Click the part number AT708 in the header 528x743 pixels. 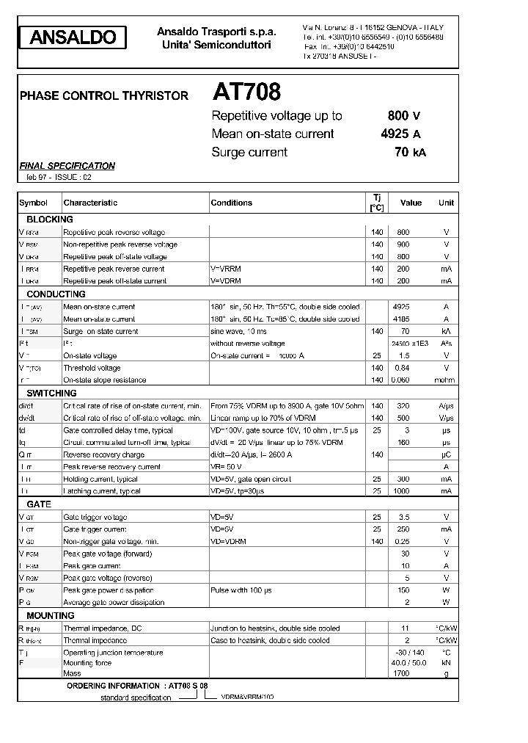point(246,93)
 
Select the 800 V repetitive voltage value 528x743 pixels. point(403,115)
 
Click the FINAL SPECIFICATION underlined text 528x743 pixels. point(67,166)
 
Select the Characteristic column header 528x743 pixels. point(90,203)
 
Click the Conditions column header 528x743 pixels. point(231,203)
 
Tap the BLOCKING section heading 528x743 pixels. point(50,220)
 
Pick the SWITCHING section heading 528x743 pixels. point(51,394)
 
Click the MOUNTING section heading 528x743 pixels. point(51,616)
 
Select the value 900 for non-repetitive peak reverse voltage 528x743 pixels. point(403,244)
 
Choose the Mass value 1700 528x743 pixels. point(401,673)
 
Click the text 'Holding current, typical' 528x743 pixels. point(100,479)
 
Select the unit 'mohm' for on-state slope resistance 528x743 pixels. point(445,380)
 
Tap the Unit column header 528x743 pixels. point(446,203)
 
